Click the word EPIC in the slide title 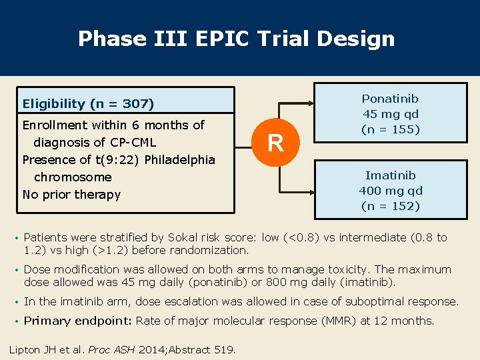tap(224, 39)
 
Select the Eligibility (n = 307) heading tap(88, 103)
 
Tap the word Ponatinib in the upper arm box tap(390, 99)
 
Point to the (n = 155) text tap(390, 129)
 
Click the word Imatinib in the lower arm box tap(390, 175)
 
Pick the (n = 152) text tap(390, 206)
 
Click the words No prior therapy tap(71, 195)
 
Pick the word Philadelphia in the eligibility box tap(178, 160)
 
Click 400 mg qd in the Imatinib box tap(390, 191)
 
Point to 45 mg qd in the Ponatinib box tap(390, 114)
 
